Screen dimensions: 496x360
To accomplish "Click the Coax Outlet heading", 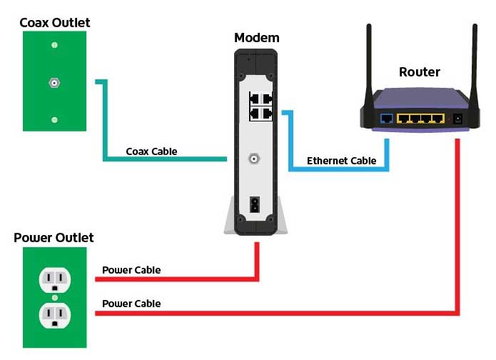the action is click(55, 22).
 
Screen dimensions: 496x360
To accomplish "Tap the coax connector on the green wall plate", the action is click(54, 83).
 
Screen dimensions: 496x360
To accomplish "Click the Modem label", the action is click(256, 38).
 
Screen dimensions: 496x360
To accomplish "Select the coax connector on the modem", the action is click(254, 159).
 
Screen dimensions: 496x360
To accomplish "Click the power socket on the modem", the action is click(255, 204).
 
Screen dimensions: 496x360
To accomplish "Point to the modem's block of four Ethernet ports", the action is click(261, 106).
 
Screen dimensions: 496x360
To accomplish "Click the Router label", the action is click(420, 72).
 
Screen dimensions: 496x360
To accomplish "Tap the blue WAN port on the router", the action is click(386, 119).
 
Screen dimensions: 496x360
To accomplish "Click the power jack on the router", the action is click(457, 119).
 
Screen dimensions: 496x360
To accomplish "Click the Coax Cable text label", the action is click(151, 151).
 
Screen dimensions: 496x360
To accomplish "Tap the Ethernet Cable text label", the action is click(342, 161).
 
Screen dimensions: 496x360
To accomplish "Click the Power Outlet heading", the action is click(54, 237).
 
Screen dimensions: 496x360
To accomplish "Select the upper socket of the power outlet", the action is click(55, 280).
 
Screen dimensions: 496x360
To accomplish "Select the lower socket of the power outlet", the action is click(55, 316).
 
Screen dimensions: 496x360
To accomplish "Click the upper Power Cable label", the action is click(131, 270).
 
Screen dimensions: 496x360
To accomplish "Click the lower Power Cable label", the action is click(131, 304).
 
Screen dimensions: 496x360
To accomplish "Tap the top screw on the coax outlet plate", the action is click(54, 45).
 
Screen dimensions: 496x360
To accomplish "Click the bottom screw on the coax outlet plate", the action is click(54, 120).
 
